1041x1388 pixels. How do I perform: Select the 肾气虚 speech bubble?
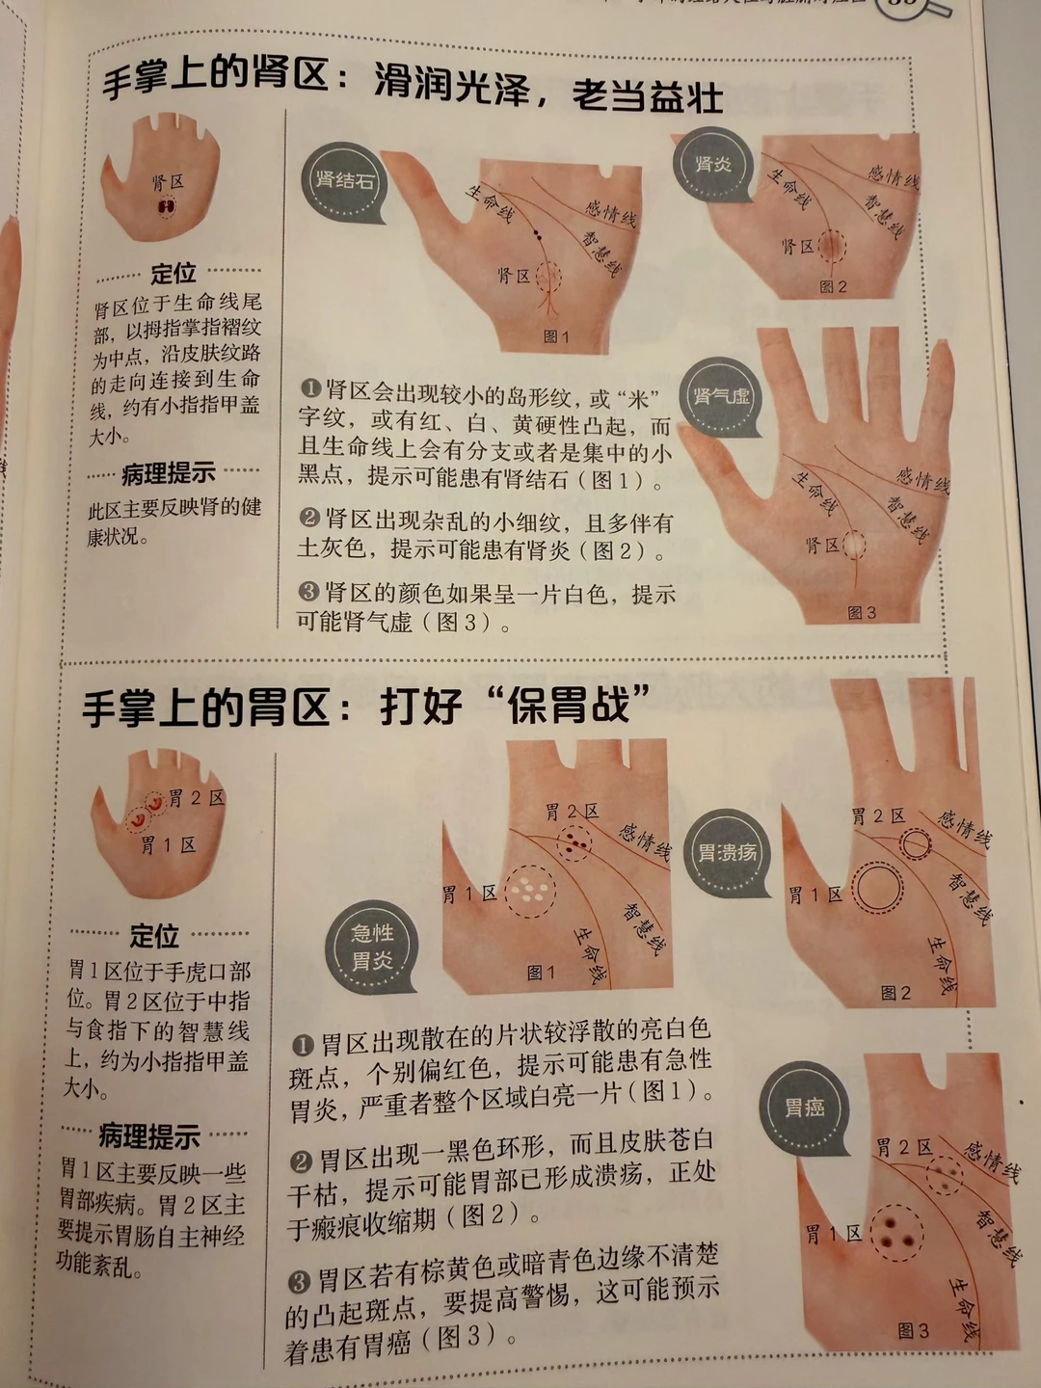(x=723, y=398)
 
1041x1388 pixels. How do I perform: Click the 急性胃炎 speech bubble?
(x=372, y=948)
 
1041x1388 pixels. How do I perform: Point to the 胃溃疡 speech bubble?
(x=727, y=853)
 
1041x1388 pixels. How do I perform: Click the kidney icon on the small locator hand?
(x=166, y=207)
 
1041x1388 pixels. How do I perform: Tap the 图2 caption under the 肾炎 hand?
(x=833, y=287)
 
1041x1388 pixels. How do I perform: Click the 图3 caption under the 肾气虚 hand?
(x=862, y=612)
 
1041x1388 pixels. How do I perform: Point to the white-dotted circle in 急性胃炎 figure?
(x=530, y=892)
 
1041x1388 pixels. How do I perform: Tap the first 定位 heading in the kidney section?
(x=173, y=273)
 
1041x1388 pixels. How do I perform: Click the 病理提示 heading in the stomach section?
(x=148, y=1136)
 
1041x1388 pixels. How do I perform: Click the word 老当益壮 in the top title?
(x=647, y=96)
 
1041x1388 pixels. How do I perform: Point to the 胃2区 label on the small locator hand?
(x=198, y=798)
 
